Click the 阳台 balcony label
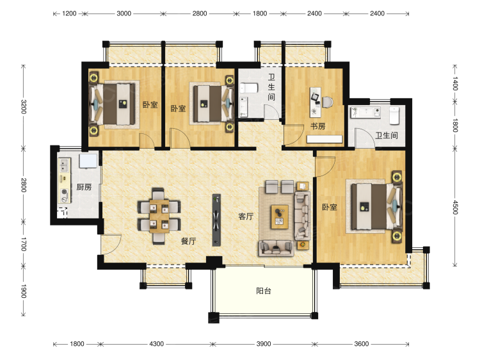tap(264, 291)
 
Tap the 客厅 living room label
tap(246, 217)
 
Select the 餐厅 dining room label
tap(188, 241)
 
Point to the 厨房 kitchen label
tap(84, 187)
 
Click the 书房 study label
tap(317, 126)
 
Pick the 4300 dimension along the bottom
tap(156, 344)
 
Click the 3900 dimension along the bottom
tap(264, 344)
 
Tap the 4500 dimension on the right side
tap(455, 208)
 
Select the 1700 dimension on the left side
tap(24, 244)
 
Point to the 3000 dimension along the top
tap(124, 13)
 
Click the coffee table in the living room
tap(280, 217)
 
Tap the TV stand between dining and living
tap(216, 220)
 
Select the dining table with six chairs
tap(159, 217)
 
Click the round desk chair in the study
tap(327, 102)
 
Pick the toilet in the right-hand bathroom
tap(394, 115)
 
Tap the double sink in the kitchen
tap(64, 165)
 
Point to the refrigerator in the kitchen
tap(88, 161)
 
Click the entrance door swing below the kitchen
tap(111, 244)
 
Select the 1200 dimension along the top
tap(69, 13)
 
